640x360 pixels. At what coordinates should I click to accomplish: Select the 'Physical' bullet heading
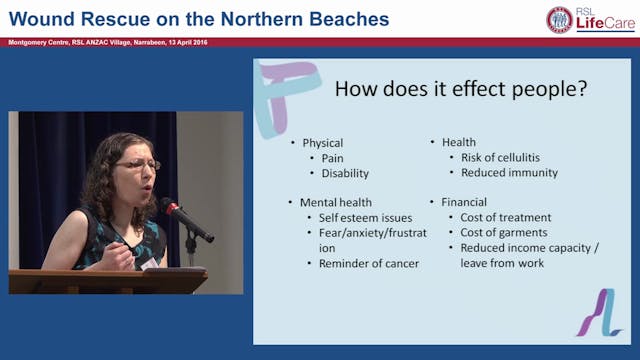323,143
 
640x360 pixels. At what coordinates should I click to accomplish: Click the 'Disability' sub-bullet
345,173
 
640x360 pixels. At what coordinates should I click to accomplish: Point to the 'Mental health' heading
339,202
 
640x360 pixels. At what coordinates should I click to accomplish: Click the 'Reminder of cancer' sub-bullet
369,263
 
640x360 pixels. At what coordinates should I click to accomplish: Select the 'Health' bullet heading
459,142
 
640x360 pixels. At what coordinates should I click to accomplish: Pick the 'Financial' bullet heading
465,202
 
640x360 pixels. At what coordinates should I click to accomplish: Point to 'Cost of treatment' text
505,217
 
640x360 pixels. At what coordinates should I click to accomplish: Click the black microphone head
171,207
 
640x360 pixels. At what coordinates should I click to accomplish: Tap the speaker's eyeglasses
138,164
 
